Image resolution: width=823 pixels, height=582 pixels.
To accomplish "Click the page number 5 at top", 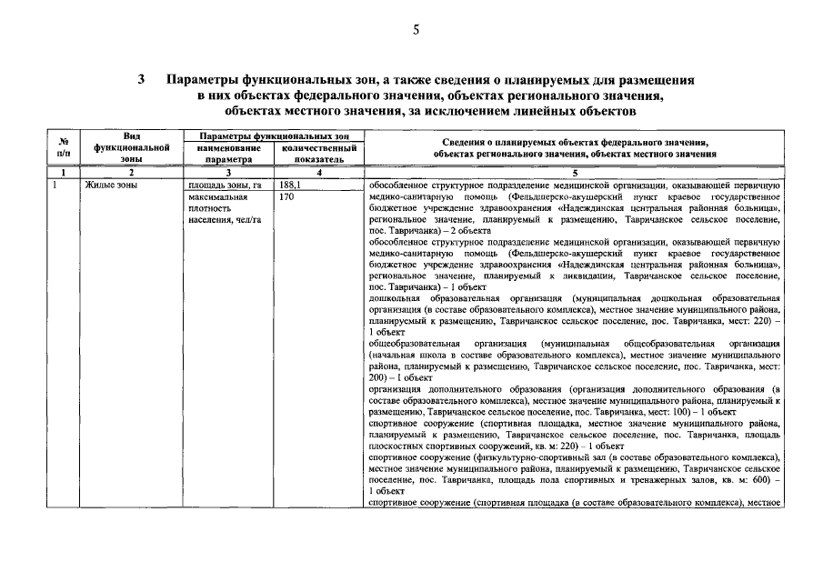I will point(416,30).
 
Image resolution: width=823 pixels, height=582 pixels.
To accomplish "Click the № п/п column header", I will point(64,146).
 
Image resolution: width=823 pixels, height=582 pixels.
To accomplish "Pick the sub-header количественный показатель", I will point(318,153).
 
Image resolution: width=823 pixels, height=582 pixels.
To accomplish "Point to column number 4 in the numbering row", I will point(318,172).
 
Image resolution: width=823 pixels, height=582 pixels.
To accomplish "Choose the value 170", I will point(287,196).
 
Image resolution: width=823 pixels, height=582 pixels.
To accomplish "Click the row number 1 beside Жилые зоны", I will point(55,184).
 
